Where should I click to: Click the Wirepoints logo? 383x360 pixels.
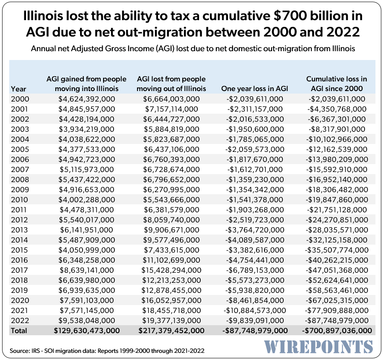coord(318,347)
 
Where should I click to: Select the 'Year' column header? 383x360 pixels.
coord(18,89)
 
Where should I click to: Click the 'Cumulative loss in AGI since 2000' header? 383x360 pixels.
coord(336,83)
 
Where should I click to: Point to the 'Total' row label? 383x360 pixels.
coord(19,331)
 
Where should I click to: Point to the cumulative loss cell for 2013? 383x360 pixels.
coord(336,230)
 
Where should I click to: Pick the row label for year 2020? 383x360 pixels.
coord(18,300)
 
